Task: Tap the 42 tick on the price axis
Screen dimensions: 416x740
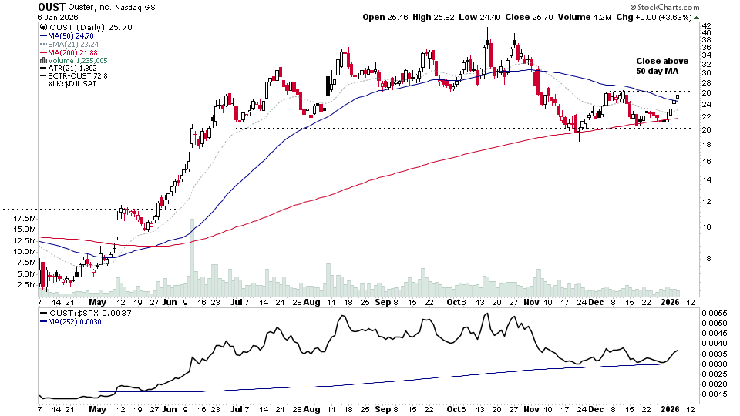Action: [x=706, y=25]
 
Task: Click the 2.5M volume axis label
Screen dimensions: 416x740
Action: [x=23, y=284]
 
